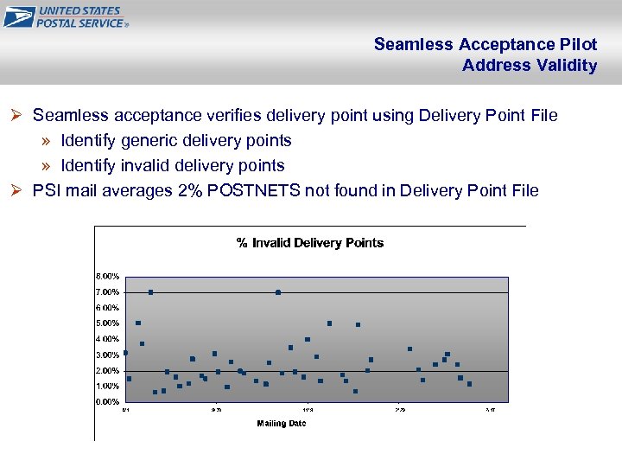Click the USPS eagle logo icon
pyautogui.click(x=18, y=16)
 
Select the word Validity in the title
pyautogui.click(x=567, y=65)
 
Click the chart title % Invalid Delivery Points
pyautogui.click(x=310, y=243)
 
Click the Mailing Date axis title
pyautogui.click(x=281, y=424)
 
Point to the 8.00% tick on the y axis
pyautogui.click(x=107, y=276)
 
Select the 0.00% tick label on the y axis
pyautogui.click(x=107, y=402)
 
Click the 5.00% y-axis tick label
pyautogui.click(x=107, y=323)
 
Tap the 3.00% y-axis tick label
pyautogui.click(x=107, y=355)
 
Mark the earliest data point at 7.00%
pyautogui.click(x=150, y=292)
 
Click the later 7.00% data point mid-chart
pyautogui.click(x=278, y=292)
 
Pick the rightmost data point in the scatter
pyautogui.click(x=469, y=384)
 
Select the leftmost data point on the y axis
pyautogui.click(x=125, y=353)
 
